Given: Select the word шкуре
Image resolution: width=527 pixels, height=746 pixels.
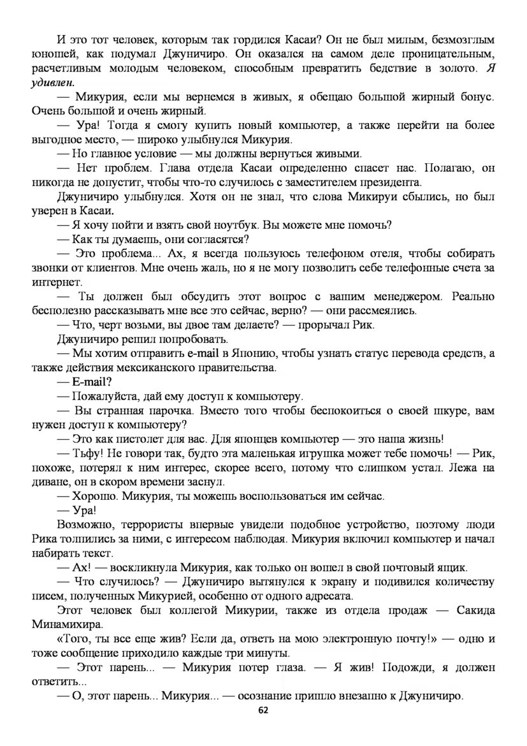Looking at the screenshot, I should (x=415, y=411).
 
